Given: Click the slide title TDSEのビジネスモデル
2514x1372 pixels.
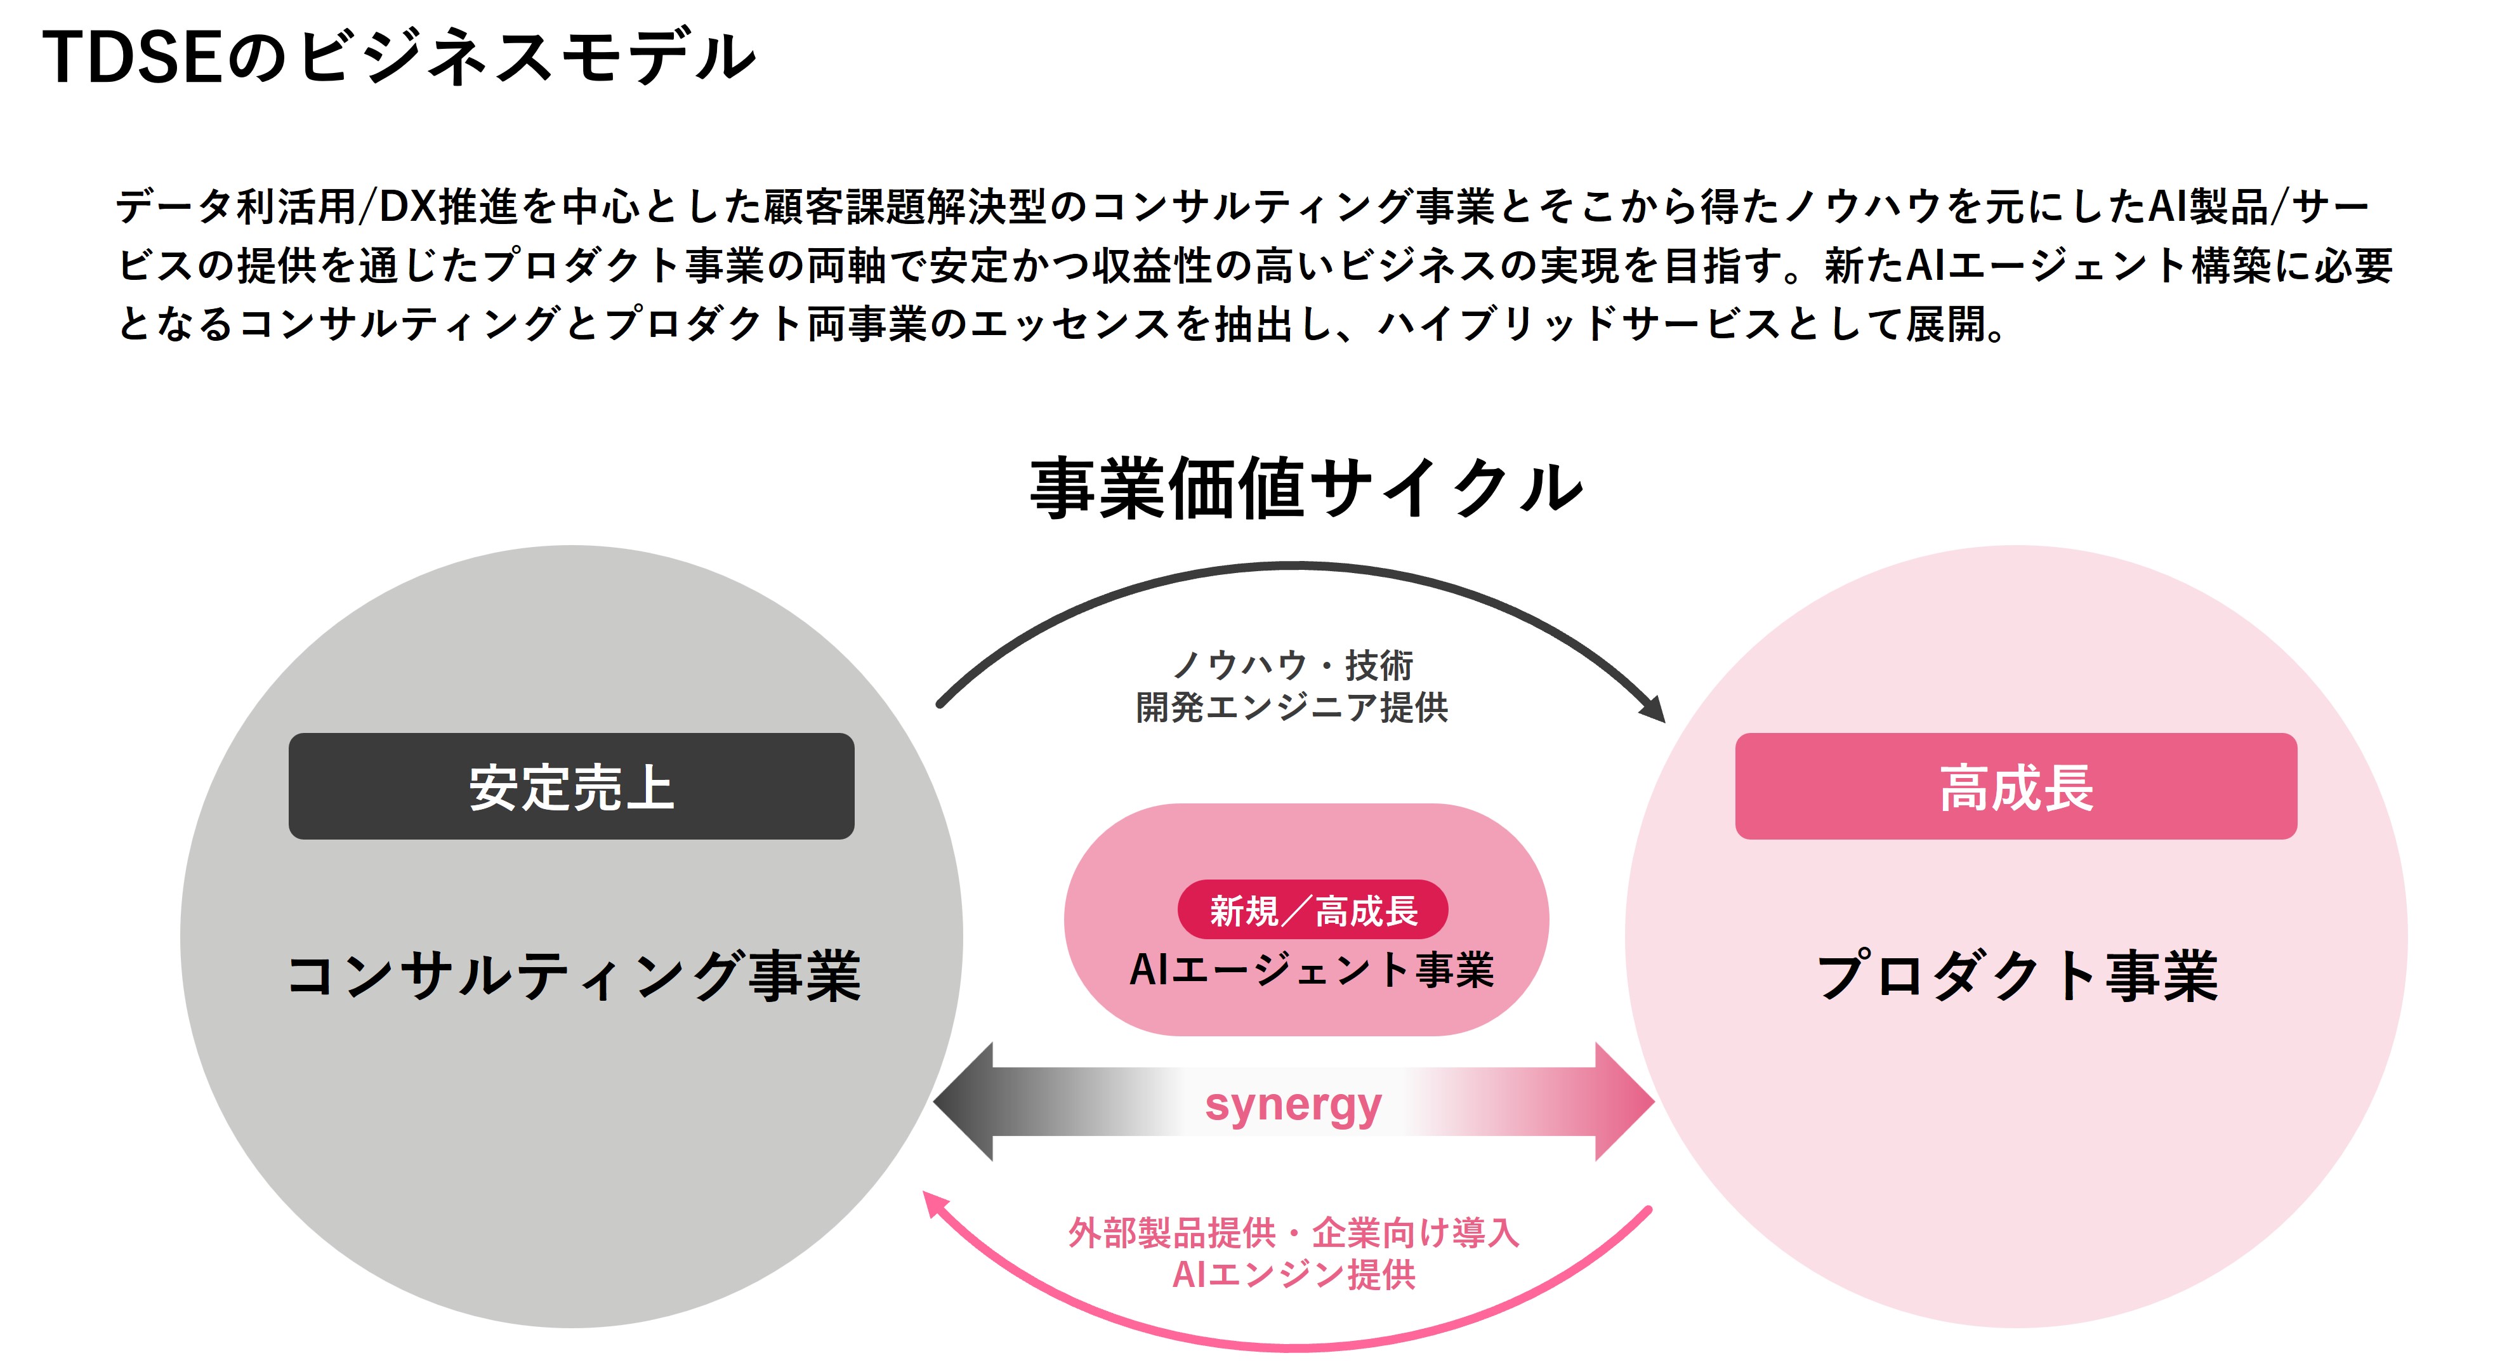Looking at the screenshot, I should point(398,56).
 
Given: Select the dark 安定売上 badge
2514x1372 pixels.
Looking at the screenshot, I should point(571,786).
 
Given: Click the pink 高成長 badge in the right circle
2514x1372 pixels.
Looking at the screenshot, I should point(2015,786).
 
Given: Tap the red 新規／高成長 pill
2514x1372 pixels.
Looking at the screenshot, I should point(1313,911).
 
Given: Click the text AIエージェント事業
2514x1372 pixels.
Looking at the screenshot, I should point(1311,970).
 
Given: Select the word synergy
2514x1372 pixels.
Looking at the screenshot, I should point(1293,1105).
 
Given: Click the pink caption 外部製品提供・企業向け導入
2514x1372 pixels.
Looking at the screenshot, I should point(1293,1232).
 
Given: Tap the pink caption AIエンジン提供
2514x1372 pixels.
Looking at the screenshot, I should point(1293,1274).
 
